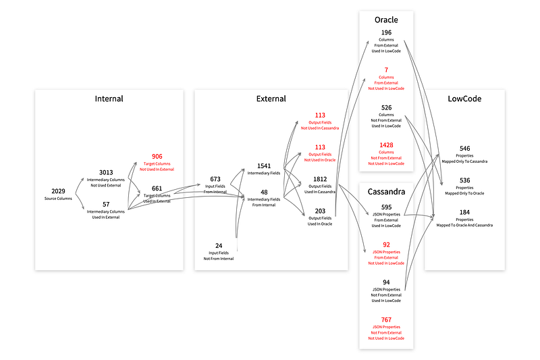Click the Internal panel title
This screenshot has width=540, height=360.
(x=109, y=99)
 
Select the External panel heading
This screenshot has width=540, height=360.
(x=271, y=99)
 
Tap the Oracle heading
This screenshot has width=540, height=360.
(x=386, y=20)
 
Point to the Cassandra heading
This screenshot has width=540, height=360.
(x=386, y=192)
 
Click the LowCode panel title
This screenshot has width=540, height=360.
(x=464, y=99)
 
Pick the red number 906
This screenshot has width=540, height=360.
(x=157, y=156)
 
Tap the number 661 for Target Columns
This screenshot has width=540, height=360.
(x=157, y=188)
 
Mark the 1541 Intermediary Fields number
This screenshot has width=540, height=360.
(x=264, y=166)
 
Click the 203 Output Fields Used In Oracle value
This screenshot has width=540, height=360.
(x=320, y=211)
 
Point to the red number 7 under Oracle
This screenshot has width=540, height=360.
(x=386, y=70)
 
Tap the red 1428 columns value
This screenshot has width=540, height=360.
(x=386, y=145)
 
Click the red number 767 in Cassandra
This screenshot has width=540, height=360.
(x=386, y=319)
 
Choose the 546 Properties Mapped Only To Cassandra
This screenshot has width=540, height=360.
(x=464, y=148)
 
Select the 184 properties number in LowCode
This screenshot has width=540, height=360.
(x=464, y=212)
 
